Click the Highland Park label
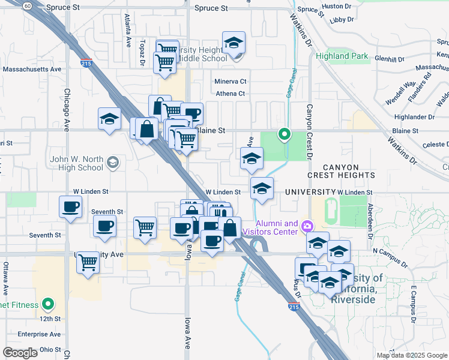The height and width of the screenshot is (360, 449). click(x=342, y=56)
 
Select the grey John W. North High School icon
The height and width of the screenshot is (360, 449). click(x=112, y=162)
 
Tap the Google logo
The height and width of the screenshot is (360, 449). click(x=20, y=353)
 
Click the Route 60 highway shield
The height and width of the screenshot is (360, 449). click(x=28, y=5)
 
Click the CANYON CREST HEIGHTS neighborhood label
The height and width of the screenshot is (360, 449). click(x=341, y=171)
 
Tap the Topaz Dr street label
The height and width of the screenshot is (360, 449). click(x=143, y=53)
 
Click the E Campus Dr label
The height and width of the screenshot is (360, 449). click(x=413, y=304)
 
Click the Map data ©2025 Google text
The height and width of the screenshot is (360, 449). click(x=411, y=355)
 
